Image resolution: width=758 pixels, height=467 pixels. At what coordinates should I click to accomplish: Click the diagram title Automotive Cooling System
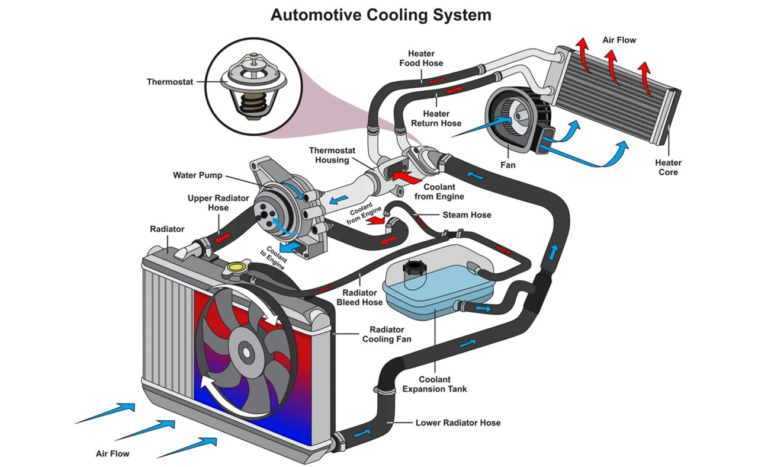click(x=381, y=15)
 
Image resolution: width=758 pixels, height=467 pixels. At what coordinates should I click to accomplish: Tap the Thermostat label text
click(x=170, y=82)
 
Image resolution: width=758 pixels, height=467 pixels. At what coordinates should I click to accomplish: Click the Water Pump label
click(x=198, y=175)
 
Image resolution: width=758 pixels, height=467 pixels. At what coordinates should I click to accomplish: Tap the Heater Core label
click(x=668, y=167)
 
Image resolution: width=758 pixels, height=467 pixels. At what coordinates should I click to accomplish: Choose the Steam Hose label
click(x=467, y=215)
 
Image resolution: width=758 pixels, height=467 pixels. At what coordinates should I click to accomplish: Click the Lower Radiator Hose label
click(x=458, y=423)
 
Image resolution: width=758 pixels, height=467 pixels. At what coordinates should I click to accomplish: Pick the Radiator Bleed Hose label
click(x=359, y=298)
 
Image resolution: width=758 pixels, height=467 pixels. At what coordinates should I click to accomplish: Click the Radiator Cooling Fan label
click(x=387, y=334)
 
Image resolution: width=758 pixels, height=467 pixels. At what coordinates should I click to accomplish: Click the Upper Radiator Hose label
click(x=218, y=203)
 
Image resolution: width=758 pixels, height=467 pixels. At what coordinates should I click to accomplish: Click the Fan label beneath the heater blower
click(x=508, y=165)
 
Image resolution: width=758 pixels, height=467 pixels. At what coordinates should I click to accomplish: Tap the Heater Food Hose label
click(x=421, y=59)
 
